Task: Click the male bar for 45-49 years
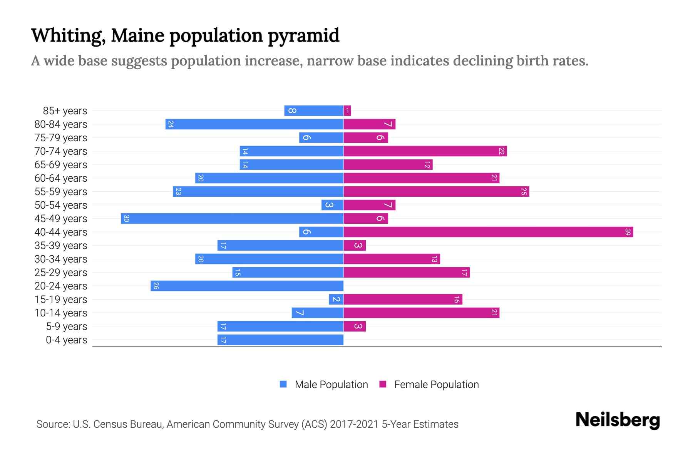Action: coord(232,219)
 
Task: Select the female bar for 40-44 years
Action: coord(488,232)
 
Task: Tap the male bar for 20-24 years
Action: coord(247,286)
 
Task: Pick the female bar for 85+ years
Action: coord(347,111)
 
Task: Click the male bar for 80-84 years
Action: coord(254,124)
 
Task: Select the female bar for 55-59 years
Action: coord(436,192)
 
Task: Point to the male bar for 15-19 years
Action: coord(336,300)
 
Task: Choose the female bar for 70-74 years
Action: coord(425,151)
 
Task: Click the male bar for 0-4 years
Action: coord(280,340)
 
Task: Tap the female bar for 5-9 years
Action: coord(355,326)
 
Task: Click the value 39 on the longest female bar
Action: coord(628,232)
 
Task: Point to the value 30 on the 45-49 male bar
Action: coord(126,219)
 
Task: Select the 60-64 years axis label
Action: coord(61,178)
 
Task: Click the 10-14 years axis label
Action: coord(61,313)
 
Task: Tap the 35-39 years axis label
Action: coord(61,246)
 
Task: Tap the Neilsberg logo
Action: coord(618,420)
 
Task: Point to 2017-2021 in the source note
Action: coord(354,424)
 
